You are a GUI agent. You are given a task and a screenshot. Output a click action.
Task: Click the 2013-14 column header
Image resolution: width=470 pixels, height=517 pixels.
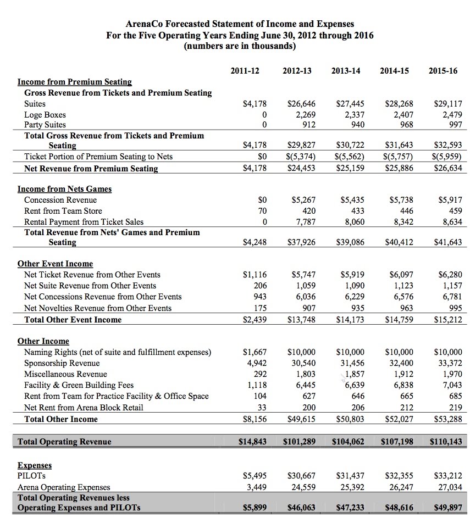coord(346,71)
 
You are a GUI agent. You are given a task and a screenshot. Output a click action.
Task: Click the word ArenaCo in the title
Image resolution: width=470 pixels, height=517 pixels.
coord(145,24)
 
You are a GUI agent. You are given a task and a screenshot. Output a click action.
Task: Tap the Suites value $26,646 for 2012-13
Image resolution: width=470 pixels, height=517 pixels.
coord(301,104)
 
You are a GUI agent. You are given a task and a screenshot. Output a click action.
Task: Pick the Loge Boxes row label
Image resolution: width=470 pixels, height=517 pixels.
coord(45,115)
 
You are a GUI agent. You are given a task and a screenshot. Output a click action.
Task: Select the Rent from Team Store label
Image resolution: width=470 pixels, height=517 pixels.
coord(63,211)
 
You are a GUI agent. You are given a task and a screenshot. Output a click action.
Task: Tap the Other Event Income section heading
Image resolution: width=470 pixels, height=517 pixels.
coord(55,264)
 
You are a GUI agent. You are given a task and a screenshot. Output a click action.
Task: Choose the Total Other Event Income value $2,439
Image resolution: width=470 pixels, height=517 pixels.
coord(254,320)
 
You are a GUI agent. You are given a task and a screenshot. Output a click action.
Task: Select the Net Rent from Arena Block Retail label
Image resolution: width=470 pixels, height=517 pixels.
coord(84,408)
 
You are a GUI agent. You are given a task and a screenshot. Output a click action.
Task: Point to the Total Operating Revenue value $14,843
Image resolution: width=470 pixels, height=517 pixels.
coord(251,442)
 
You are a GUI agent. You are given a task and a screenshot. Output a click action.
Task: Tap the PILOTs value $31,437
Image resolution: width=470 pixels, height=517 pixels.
coord(349,476)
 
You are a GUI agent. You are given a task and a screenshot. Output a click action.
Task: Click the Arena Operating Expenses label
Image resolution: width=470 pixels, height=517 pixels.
coord(64,487)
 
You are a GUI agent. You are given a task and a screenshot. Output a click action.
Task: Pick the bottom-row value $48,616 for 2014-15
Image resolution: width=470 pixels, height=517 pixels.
coord(398,507)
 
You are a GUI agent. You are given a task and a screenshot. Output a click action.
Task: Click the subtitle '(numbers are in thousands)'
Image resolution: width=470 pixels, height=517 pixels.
coord(240,46)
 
